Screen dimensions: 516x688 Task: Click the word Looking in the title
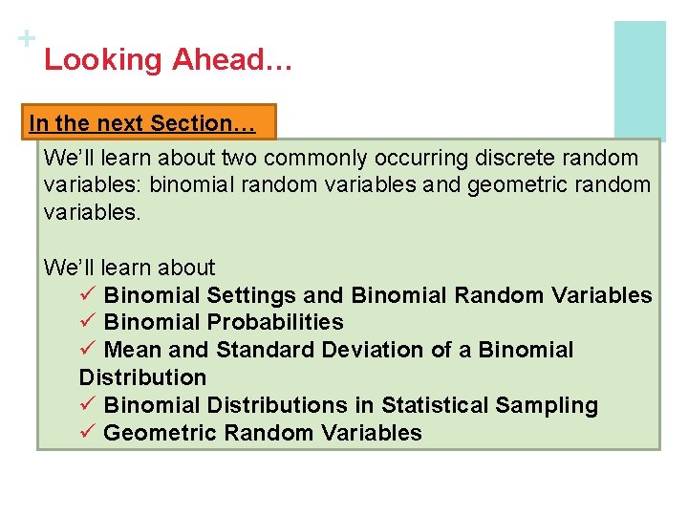tap(103, 60)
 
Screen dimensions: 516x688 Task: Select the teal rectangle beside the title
tap(639, 80)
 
